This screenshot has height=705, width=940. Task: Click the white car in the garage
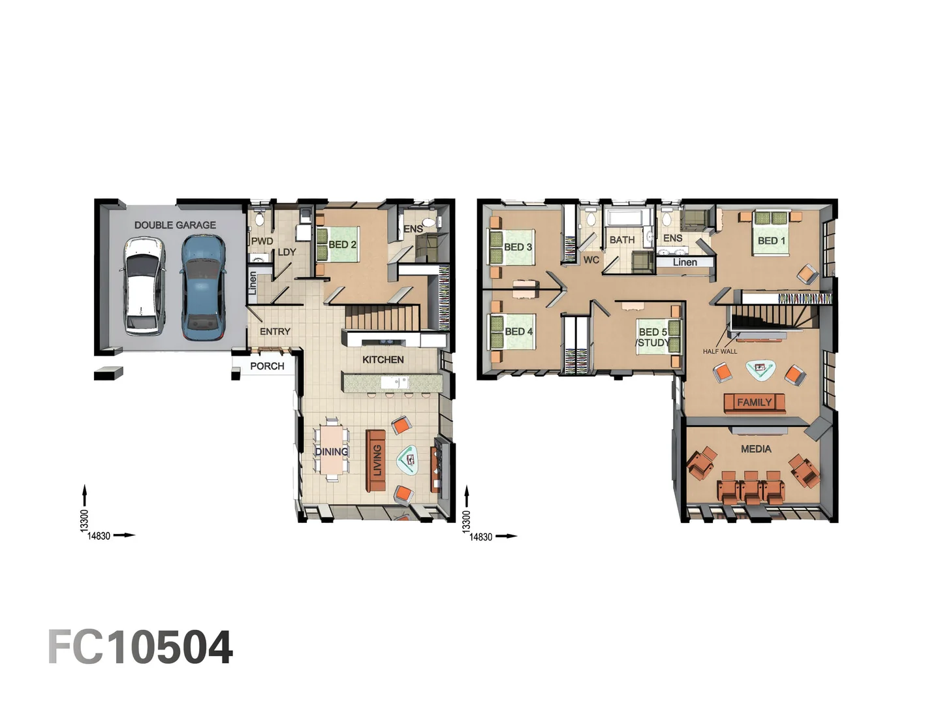[x=143, y=286]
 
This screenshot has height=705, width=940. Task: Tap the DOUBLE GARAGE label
[x=175, y=225]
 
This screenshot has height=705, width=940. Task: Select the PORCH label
[x=267, y=366]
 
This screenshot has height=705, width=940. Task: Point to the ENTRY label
[x=275, y=332]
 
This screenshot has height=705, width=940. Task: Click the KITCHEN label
[x=383, y=360]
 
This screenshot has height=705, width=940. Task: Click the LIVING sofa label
[x=377, y=460]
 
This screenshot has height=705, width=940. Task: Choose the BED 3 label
[x=518, y=247]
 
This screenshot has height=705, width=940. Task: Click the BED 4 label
[x=518, y=332]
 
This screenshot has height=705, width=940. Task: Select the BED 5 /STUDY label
[x=653, y=337]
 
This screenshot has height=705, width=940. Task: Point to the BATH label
[x=622, y=240]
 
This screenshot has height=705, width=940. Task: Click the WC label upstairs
[x=591, y=260]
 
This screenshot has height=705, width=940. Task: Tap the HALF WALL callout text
[x=720, y=351]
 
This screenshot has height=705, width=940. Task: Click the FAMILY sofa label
[x=754, y=402]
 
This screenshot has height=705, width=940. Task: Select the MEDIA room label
[x=756, y=449]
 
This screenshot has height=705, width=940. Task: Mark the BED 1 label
[x=772, y=241]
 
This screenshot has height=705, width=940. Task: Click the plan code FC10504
[x=140, y=648]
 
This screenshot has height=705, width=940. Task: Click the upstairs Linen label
[x=685, y=262]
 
